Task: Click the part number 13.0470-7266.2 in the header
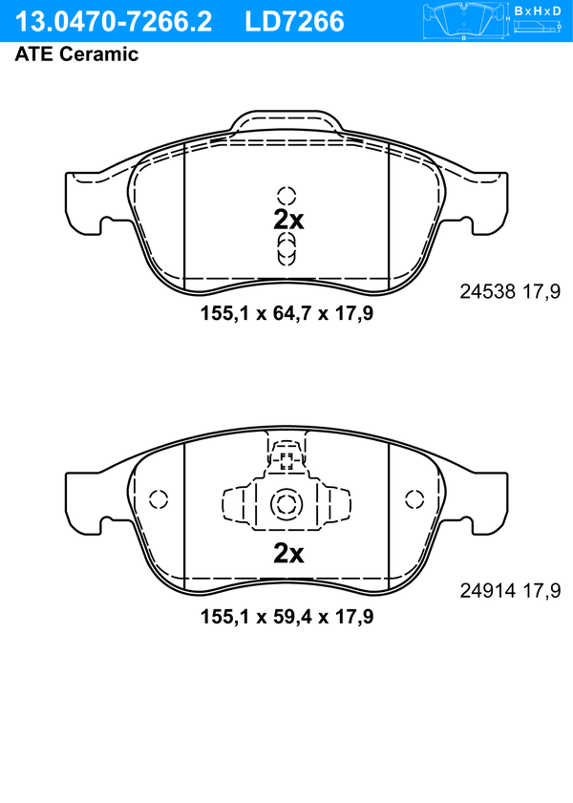[x=113, y=22]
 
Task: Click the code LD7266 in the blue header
[x=294, y=22]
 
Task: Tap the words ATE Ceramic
[x=76, y=53]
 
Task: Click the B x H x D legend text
[x=537, y=11]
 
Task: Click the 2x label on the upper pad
[x=288, y=220]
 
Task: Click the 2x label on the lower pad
[x=288, y=553]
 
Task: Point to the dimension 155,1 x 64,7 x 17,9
[x=286, y=313]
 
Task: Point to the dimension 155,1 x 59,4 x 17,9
[x=286, y=616]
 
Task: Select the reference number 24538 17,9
[x=510, y=291]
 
